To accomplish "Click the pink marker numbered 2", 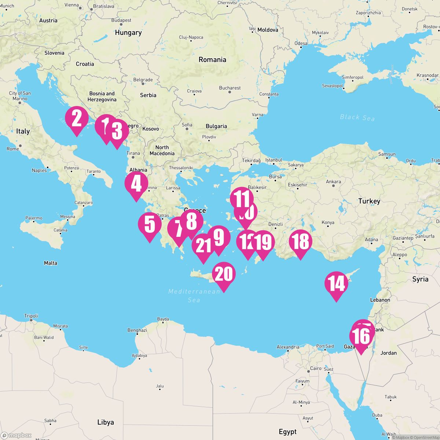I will pyautogui.click(x=77, y=119).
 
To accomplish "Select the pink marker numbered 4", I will pyautogui.click(x=136, y=184).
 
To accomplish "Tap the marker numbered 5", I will pyautogui.click(x=150, y=225).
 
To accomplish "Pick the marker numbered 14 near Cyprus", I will pyautogui.click(x=336, y=284).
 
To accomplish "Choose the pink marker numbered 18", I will pyautogui.click(x=300, y=242).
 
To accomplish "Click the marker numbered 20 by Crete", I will pyautogui.click(x=224, y=274).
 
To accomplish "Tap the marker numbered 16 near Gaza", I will pyautogui.click(x=361, y=337).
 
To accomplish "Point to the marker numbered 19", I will pyautogui.click(x=263, y=242).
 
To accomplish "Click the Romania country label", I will pyautogui.click(x=212, y=59).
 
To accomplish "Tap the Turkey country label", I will pyautogui.click(x=369, y=201).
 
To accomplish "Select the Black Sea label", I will pyautogui.click(x=357, y=117).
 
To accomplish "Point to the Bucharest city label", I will pyautogui.click(x=230, y=88).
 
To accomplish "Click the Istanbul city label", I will pyautogui.click(x=274, y=160).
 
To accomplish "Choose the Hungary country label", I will pyautogui.click(x=128, y=33).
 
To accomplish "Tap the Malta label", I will pyautogui.click(x=50, y=263).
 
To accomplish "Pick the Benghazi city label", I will pyautogui.click(x=137, y=330).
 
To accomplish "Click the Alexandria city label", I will pyautogui.click(x=288, y=347).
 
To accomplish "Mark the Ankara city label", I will pyautogui.click(x=333, y=181).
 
